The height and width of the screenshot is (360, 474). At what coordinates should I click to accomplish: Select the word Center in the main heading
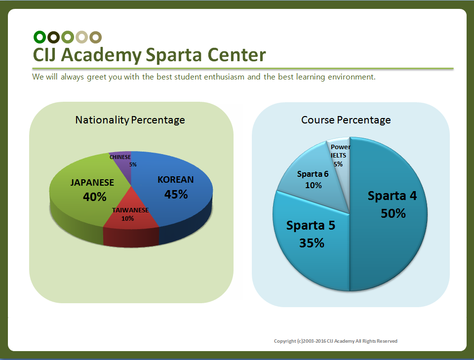pyautogui.click(x=237, y=55)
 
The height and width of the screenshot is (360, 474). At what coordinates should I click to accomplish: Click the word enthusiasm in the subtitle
pyautogui.click(x=224, y=77)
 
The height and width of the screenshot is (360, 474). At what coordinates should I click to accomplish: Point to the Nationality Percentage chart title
pyautogui.click(x=130, y=120)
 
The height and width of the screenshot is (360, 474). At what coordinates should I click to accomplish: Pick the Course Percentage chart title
pyautogui.click(x=346, y=120)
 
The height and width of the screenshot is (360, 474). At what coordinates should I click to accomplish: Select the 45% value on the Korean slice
pyautogui.click(x=176, y=195)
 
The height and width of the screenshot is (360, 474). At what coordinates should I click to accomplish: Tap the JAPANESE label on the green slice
pyautogui.click(x=92, y=183)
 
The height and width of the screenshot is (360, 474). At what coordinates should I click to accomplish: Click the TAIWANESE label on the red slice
pyautogui.click(x=130, y=210)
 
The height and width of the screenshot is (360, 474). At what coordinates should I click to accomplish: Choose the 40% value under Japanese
pyautogui.click(x=95, y=197)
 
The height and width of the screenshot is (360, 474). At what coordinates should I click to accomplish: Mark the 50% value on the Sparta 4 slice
pyautogui.click(x=393, y=213)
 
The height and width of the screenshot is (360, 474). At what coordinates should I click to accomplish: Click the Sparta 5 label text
pyautogui.click(x=311, y=226)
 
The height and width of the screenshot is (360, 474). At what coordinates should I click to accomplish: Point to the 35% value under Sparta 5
pyautogui.click(x=312, y=243)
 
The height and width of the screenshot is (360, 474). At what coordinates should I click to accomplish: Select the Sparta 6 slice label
pyautogui.click(x=313, y=174)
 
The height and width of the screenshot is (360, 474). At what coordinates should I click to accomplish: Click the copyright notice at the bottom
pyautogui.click(x=336, y=341)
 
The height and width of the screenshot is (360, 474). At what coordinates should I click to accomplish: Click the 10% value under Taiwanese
pyautogui.click(x=127, y=219)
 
